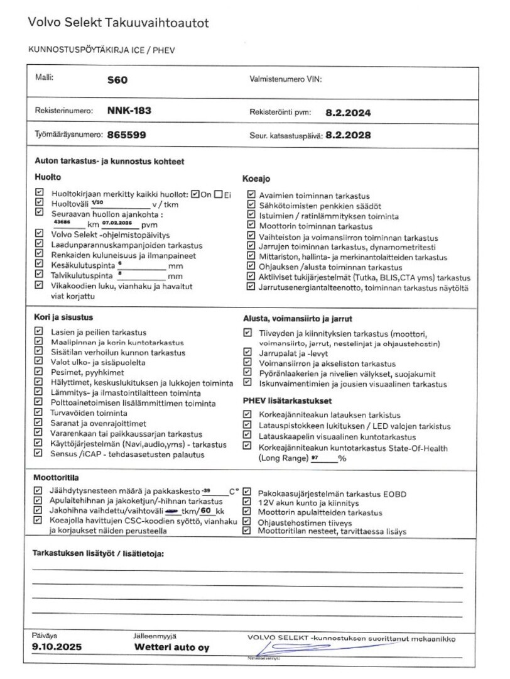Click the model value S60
(x=117, y=80)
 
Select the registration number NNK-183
(x=129, y=111)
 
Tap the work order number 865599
(x=127, y=135)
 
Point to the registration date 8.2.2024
(x=349, y=113)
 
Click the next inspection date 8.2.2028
(x=348, y=135)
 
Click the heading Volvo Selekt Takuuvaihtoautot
(x=118, y=23)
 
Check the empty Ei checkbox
(x=218, y=194)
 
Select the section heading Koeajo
(x=256, y=179)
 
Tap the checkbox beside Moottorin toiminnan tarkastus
(x=251, y=225)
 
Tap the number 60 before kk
(x=204, y=511)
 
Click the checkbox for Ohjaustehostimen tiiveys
(x=247, y=521)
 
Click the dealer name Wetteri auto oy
(x=171, y=648)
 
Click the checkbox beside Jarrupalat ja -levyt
(x=247, y=354)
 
